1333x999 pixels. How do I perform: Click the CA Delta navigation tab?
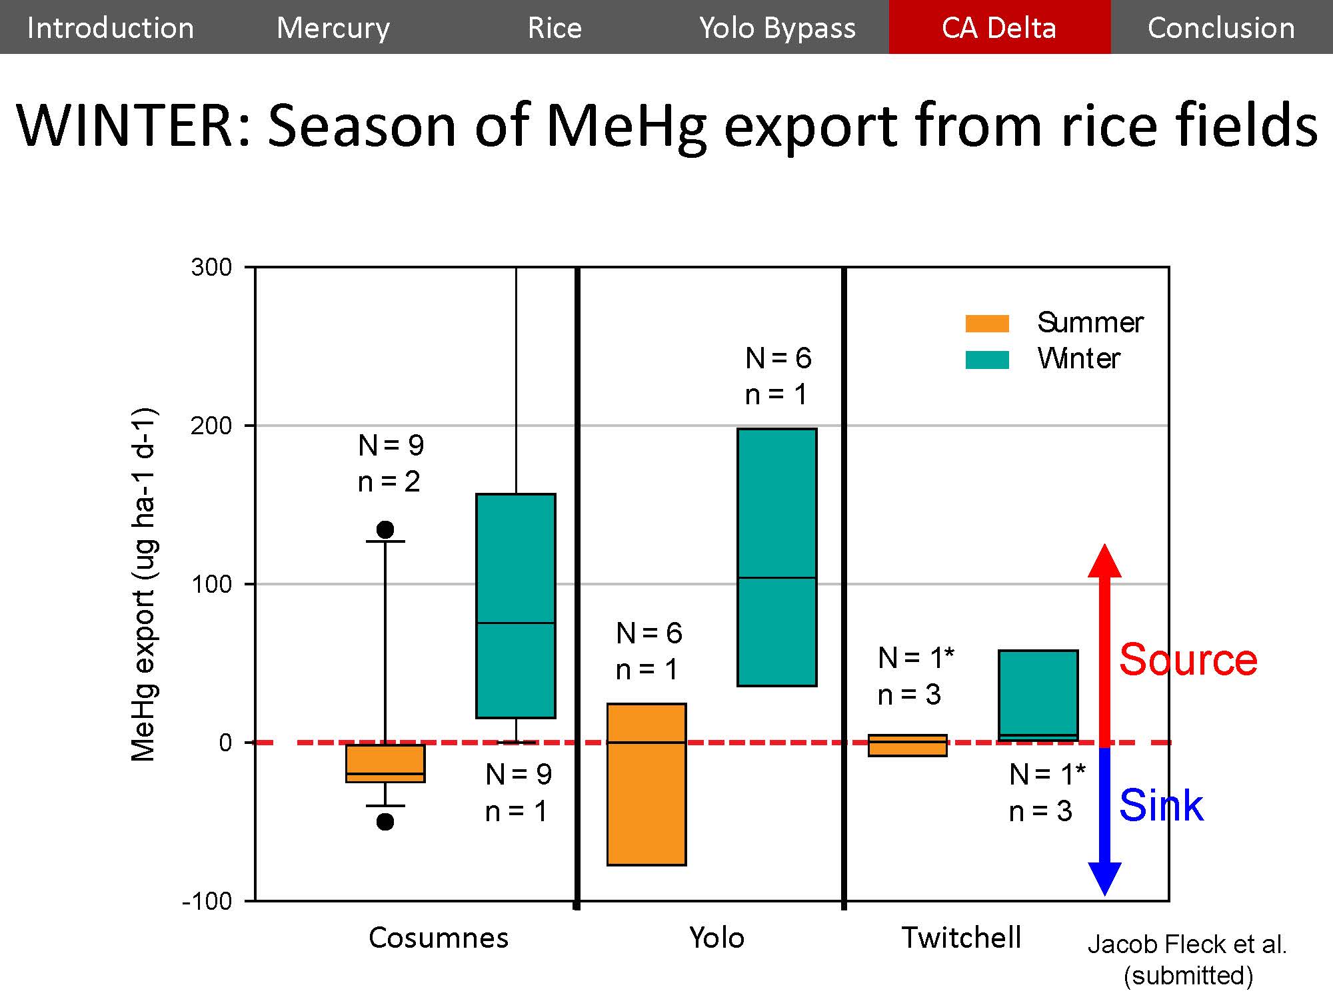click(x=999, y=27)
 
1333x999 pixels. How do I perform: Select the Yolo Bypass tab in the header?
click(x=777, y=27)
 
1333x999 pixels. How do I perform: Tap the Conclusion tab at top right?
click(x=1221, y=27)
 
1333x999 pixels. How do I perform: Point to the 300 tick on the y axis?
click(x=211, y=268)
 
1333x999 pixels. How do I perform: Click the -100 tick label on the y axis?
click(x=207, y=901)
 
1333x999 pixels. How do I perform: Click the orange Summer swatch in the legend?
click(x=987, y=323)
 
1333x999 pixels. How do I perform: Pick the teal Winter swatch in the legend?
click(x=987, y=360)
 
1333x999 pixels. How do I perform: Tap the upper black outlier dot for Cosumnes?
click(x=385, y=529)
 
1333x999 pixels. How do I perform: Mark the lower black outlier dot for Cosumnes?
click(x=385, y=822)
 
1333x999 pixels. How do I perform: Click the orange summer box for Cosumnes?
click(x=385, y=763)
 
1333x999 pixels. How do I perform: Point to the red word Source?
click(x=1188, y=660)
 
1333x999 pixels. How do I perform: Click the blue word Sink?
click(x=1161, y=805)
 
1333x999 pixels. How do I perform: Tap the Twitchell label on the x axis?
click(x=961, y=938)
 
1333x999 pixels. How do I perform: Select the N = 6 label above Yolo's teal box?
click(x=778, y=358)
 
